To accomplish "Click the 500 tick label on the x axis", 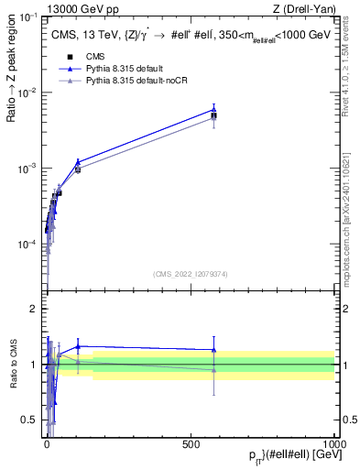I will [191, 442].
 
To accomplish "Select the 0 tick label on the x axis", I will [47, 442].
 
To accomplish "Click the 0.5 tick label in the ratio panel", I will [29, 420].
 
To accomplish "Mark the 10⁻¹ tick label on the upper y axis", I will [28, 18].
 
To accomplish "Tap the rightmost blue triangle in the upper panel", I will [213, 109].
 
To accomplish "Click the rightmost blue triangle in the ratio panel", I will [213, 350].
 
